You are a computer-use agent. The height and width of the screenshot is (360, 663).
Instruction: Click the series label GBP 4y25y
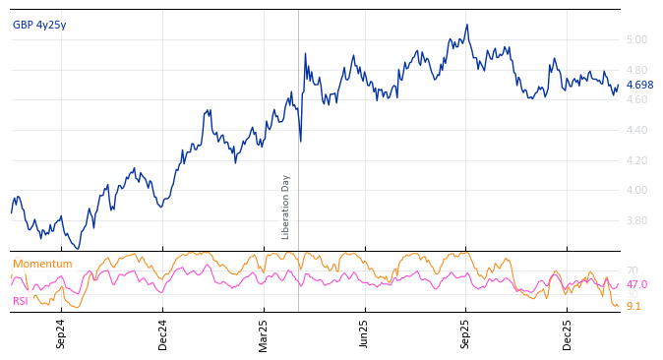coord(39,25)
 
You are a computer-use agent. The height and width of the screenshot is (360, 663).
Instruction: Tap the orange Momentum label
coord(42,264)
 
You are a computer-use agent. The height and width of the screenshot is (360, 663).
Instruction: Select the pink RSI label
coord(21,301)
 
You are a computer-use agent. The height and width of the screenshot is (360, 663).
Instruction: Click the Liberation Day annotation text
coord(286,207)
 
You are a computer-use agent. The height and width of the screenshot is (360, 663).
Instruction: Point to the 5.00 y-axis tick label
coord(636,40)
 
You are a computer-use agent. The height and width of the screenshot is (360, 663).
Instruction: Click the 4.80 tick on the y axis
coord(636,71)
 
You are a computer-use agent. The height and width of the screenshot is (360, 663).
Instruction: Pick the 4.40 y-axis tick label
coord(636,131)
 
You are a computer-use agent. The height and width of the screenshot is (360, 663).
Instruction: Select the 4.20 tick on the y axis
coord(636,160)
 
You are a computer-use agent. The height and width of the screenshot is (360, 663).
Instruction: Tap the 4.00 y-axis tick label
coord(636,191)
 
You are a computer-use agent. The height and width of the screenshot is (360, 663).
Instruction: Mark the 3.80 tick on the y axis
coord(636,220)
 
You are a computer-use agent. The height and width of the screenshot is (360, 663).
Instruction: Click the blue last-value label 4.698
coord(639,86)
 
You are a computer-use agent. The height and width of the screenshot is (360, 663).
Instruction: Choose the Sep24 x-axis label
coord(61,333)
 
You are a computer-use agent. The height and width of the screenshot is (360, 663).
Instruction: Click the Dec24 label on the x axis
coord(163,333)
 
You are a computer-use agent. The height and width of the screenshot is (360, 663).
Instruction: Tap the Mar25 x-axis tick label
coord(264,333)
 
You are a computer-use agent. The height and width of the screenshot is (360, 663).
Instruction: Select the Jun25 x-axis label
coord(364,333)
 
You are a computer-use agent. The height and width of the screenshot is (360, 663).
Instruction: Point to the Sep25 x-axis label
coord(465,333)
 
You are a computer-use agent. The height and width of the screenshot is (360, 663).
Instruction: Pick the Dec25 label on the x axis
coord(567,333)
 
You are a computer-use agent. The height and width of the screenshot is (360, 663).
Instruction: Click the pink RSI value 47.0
coord(636,285)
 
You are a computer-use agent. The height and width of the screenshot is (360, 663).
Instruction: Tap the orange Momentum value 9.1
coord(633,307)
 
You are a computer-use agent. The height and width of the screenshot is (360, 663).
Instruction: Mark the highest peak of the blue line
coord(467,25)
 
